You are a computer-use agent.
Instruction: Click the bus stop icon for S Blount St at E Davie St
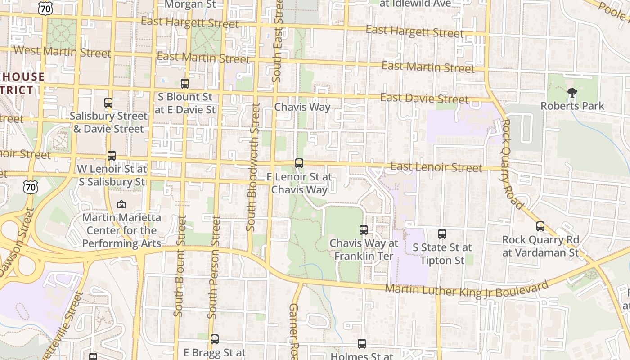(185, 84)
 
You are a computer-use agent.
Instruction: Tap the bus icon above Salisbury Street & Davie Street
(108, 103)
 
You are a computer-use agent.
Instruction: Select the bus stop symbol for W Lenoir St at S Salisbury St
(112, 156)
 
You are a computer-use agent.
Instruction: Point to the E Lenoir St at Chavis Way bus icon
(299, 163)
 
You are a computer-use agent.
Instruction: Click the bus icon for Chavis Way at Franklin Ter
(364, 230)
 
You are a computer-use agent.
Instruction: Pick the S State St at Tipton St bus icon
(442, 234)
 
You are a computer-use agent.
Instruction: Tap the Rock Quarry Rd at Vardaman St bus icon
(540, 226)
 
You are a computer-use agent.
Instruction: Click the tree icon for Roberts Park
(572, 93)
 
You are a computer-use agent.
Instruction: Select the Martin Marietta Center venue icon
(121, 205)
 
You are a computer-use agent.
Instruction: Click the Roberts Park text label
(572, 106)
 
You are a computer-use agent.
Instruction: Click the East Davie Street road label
(424, 98)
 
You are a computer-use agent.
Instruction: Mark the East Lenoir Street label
(436, 167)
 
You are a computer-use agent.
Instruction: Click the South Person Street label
(215, 267)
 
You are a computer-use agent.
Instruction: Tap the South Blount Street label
(180, 265)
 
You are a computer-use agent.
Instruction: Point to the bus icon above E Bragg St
(215, 339)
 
